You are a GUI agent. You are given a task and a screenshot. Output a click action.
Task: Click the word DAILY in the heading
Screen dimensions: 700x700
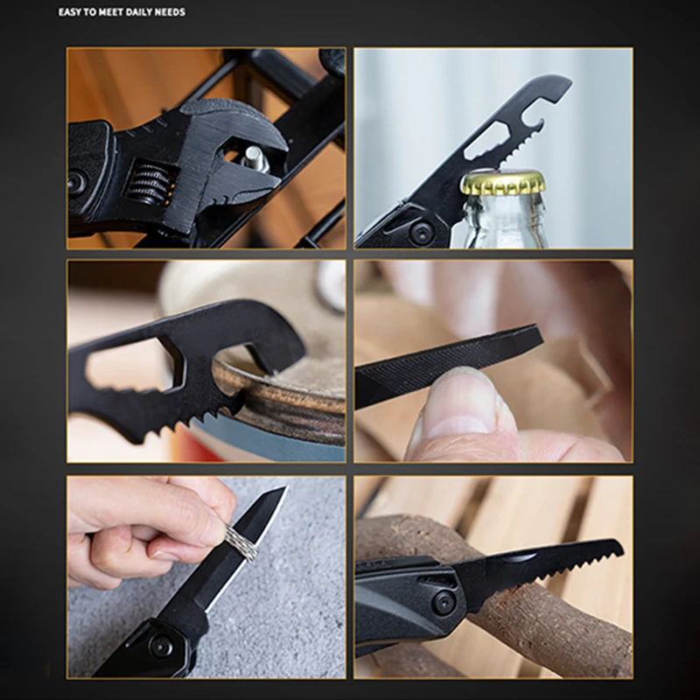136,12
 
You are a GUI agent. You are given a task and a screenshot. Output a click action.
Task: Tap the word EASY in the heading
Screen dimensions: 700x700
70,12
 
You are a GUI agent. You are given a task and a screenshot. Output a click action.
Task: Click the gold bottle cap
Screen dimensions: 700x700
502,182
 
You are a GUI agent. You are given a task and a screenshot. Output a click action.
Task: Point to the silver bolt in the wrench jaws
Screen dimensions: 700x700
255,158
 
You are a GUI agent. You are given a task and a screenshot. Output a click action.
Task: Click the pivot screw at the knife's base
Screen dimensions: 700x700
161,645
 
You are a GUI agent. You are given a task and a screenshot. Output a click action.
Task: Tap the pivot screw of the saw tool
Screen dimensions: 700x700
444,602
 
